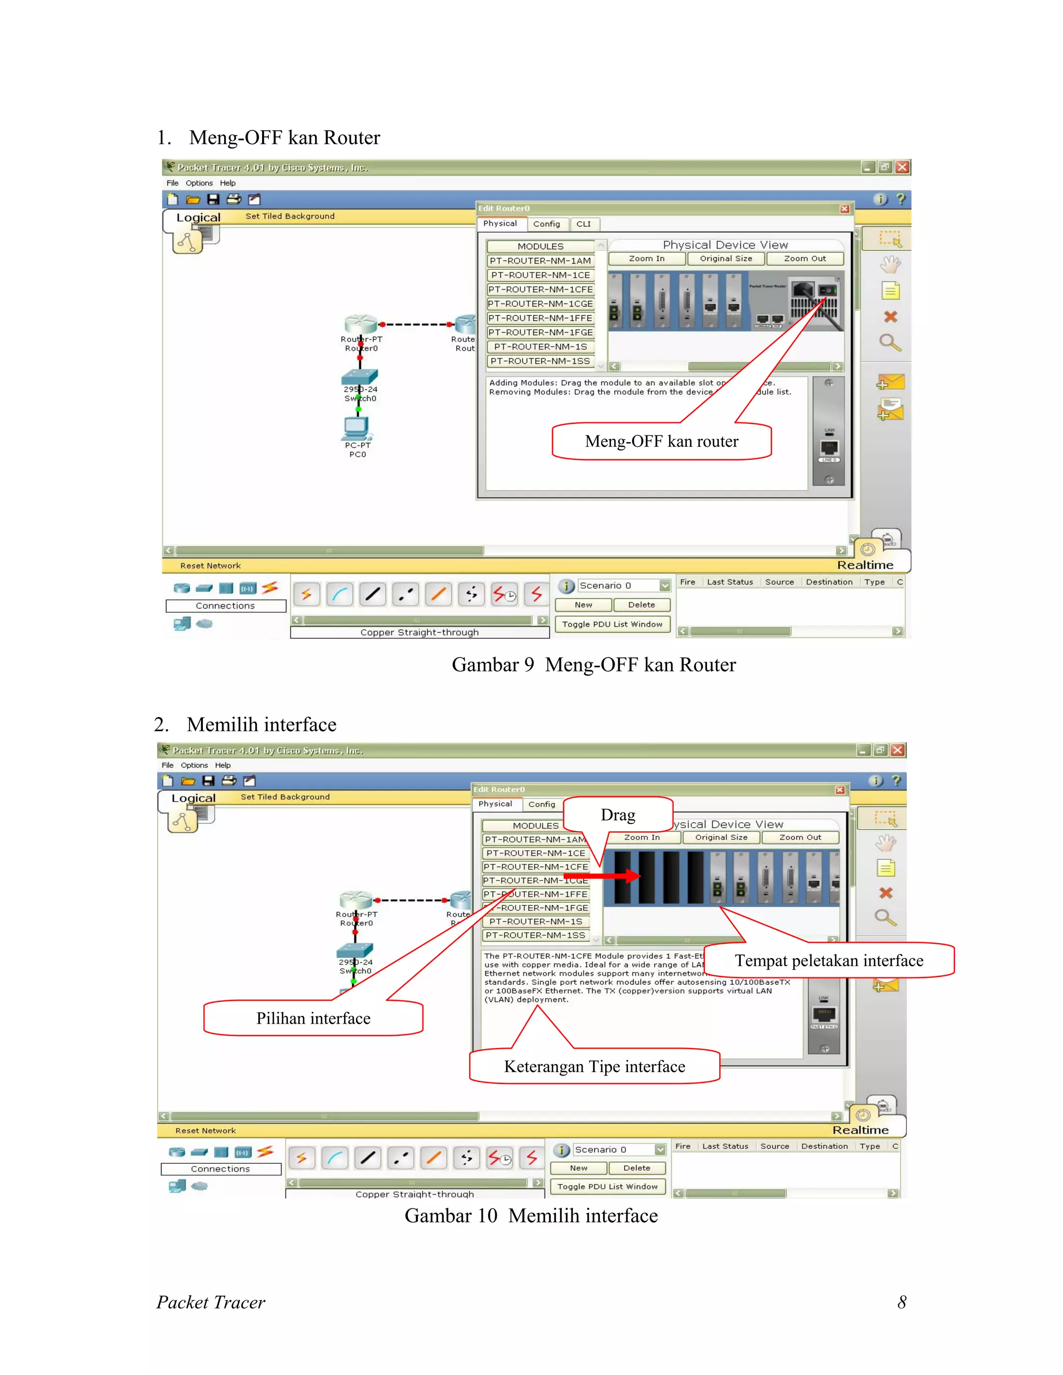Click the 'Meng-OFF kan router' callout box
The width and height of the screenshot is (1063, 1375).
661,442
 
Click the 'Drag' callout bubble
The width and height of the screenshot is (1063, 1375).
618,815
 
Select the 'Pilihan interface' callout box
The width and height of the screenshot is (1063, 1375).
313,1018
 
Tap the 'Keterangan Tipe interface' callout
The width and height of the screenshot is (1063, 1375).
594,1066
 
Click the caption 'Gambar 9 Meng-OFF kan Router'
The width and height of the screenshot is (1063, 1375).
593,665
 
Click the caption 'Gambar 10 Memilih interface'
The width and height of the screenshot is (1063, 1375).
531,1216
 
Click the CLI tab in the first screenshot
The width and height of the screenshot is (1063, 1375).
584,224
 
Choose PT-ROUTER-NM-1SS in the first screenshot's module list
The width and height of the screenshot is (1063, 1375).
540,361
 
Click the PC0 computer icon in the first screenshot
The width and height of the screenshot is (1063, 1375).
357,428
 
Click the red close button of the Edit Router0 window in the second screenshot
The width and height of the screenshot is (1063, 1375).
839,790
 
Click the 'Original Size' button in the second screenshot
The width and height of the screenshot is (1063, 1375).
721,838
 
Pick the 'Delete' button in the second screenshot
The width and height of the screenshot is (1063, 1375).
636,1168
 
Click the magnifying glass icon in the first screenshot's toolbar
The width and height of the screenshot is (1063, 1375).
890,343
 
